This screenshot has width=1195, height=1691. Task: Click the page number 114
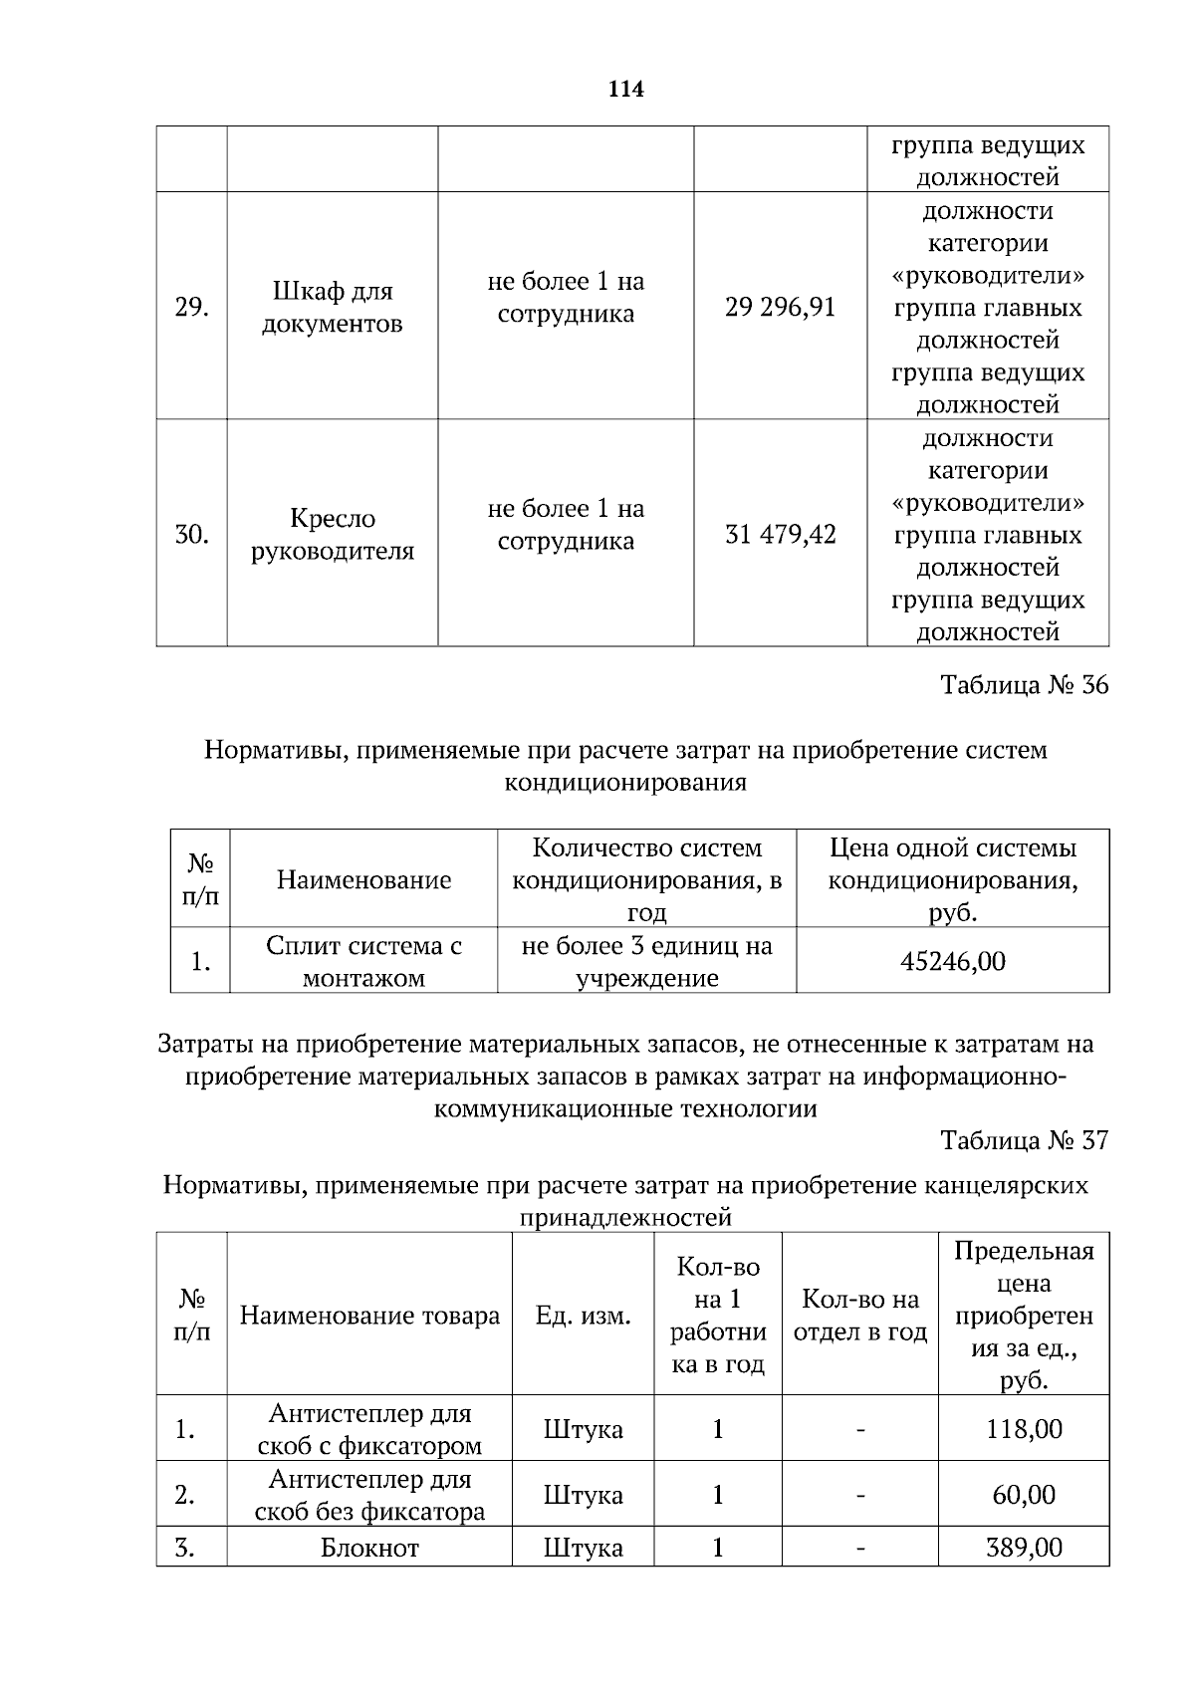click(x=625, y=90)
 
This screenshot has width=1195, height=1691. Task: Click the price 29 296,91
click(x=781, y=307)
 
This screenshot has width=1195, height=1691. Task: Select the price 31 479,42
click(x=781, y=535)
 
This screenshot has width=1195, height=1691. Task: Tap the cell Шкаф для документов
click(x=332, y=307)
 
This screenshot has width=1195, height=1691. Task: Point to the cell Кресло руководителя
click(x=332, y=535)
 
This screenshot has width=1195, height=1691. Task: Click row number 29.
click(x=191, y=307)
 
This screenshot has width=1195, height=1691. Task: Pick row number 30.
click(x=191, y=535)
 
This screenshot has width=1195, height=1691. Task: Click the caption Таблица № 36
click(x=1024, y=685)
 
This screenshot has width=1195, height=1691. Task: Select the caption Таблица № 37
click(x=1024, y=1140)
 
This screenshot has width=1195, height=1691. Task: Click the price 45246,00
click(x=952, y=961)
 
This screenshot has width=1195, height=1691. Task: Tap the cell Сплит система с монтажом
click(x=363, y=961)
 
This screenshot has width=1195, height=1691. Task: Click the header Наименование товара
click(x=369, y=1316)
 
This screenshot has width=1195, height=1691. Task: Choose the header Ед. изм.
click(x=583, y=1316)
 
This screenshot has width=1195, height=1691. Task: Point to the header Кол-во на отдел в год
click(x=859, y=1316)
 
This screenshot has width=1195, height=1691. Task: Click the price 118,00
click(x=1024, y=1429)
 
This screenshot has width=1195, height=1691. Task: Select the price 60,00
click(x=1024, y=1495)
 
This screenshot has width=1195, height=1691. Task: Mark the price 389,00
click(x=1024, y=1548)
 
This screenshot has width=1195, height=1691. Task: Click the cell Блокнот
click(x=369, y=1548)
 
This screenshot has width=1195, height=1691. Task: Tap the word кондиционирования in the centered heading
click(x=625, y=782)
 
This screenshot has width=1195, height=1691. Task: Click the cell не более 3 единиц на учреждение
click(x=646, y=961)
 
